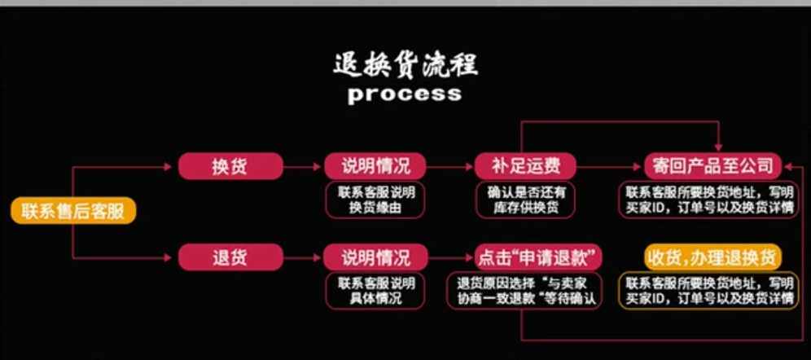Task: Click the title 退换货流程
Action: point(405,64)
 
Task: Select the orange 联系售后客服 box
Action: point(72,212)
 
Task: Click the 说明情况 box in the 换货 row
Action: point(375,166)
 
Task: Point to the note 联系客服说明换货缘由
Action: point(375,200)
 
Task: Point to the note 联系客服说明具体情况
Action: point(375,291)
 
